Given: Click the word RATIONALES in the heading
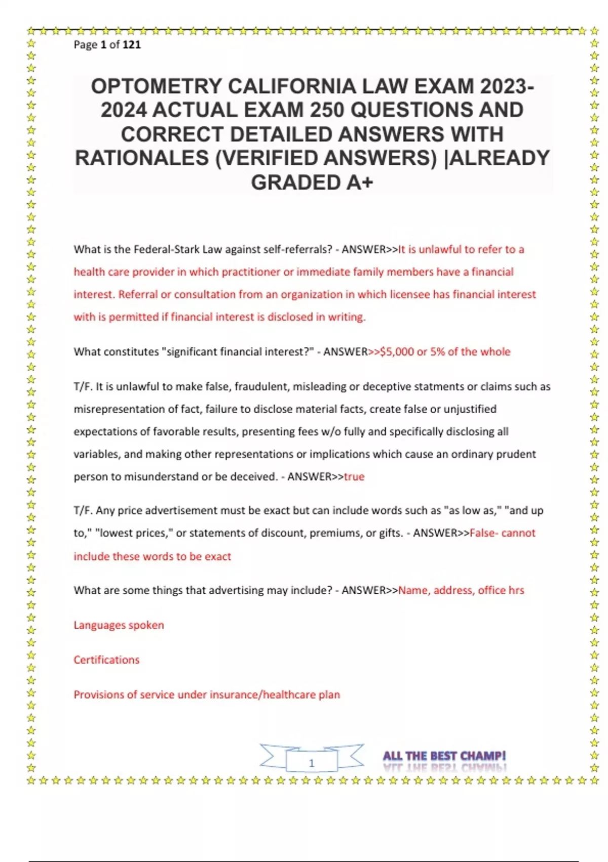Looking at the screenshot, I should click(x=141, y=158).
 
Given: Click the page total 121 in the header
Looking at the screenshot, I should click(x=132, y=45).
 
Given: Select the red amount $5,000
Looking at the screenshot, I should click(x=397, y=352).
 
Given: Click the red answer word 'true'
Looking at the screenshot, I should click(x=354, y=477).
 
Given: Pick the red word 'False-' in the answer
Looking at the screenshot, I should click(x=484, y=533).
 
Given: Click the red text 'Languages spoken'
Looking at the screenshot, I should click(x=119, y=625).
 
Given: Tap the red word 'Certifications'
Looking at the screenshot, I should click(x=106, y=660).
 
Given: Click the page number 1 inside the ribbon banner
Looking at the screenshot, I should click(x=312, y=763).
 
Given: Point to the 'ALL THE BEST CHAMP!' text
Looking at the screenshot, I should click(x=444, y=756).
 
